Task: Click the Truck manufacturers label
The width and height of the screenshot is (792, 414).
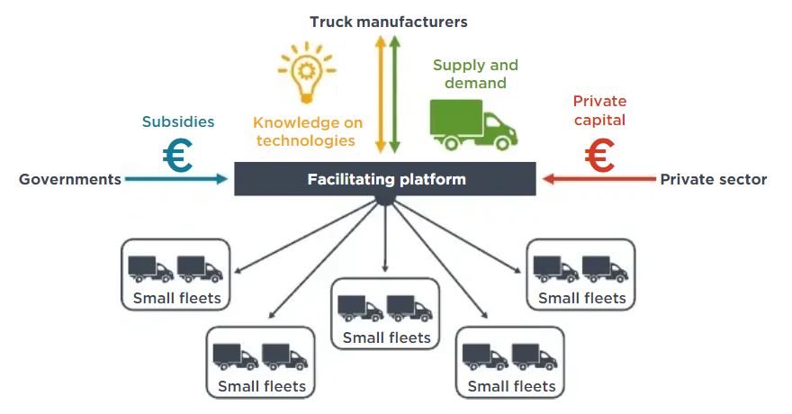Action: pyautogui.click(x=389, y=21)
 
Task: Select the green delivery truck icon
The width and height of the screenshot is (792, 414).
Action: pyautogui.click(x=472, y=124)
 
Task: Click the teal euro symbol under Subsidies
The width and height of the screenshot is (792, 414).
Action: pyautogui.click(x=177, y=156)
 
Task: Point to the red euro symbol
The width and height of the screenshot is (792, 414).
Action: pyautogui.click(x=599, y=156)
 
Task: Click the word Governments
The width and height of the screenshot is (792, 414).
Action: pyautogui.click(x=70, y=179)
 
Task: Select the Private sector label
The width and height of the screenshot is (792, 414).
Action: pyautogui.click(x=714, y=179)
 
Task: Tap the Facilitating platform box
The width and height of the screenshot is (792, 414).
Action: pyautogui.click(x=386, y=178)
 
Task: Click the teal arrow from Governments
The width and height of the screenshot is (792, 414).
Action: pyautogui.click(x=176, y=179)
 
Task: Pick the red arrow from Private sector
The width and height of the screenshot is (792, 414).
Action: pyautogui.click(x=598, y=179)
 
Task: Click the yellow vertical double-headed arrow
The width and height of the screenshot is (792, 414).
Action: pyautogui.click(x=381, y=94)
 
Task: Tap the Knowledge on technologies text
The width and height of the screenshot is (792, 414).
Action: pyautogui.click(x=308, y=131)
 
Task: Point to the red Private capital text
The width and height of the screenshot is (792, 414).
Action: pyautogui.click(x=599, y=111)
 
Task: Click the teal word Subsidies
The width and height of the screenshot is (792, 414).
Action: pyautogui.click(x=178, y=121)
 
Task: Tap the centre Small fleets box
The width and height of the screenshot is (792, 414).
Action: pyautogui.click(x=386, y=314)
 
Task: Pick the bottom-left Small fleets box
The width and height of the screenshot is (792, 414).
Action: pyautogui.click(x=261, y=362)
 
